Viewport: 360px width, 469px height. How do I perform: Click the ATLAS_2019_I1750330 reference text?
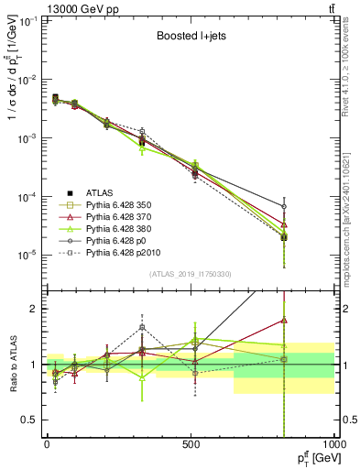coord(190,274)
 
